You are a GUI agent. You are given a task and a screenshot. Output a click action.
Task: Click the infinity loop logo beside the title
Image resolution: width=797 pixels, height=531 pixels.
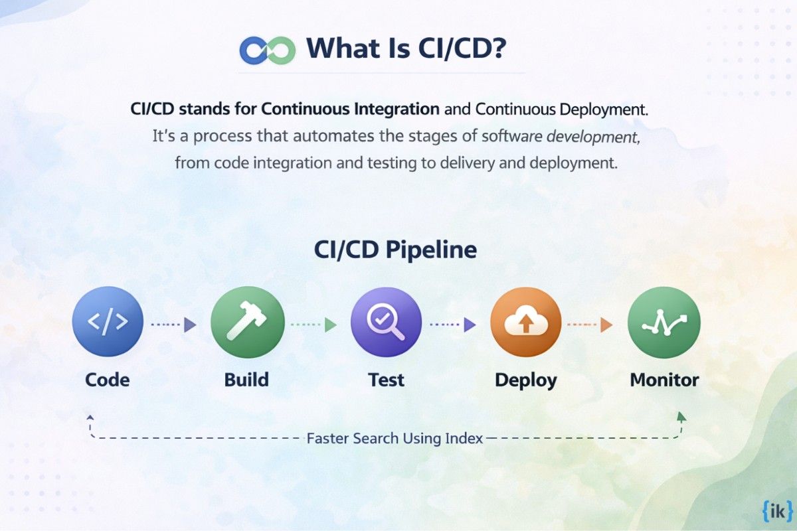267,50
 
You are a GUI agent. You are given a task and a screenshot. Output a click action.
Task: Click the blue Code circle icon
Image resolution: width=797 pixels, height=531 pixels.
108,323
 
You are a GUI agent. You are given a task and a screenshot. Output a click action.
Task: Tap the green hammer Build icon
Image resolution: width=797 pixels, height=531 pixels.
247,323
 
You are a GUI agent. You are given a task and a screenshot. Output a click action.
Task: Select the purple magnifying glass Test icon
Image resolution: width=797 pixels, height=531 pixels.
386,323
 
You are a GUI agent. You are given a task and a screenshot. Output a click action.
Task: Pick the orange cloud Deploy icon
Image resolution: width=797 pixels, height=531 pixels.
525,323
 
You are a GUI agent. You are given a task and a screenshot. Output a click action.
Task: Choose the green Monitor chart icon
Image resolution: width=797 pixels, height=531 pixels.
664,323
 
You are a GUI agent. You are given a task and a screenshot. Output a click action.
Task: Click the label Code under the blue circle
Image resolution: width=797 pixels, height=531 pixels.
108,380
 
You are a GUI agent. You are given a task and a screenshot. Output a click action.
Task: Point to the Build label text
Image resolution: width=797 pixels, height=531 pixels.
246,380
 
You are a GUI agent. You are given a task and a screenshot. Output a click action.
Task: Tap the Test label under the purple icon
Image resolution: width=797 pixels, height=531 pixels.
386,380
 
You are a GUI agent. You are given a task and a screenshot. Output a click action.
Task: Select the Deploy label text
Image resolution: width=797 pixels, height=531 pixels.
525,380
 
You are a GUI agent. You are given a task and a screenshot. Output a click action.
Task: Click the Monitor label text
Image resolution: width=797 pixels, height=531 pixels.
664,380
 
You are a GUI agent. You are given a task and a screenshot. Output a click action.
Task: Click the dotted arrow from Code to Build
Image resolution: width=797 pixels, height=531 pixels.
173,325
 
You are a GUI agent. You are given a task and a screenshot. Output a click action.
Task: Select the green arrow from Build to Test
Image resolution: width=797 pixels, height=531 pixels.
313,325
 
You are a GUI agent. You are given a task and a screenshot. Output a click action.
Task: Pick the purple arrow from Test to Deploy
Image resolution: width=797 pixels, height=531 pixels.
452,325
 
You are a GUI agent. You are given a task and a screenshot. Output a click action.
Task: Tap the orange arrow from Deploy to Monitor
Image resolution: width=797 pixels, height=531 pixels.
589,325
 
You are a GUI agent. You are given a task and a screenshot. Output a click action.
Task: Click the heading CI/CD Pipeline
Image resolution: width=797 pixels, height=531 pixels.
395,250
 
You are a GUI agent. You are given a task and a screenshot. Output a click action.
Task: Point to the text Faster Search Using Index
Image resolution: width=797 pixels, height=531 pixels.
395,438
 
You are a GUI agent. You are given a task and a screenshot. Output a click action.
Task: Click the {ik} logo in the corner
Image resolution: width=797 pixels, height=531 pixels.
774,512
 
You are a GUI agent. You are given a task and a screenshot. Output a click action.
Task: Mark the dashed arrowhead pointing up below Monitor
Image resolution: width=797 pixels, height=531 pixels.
681,417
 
